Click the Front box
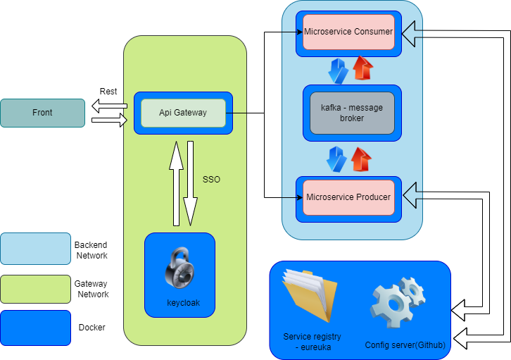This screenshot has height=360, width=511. tap(42, 113)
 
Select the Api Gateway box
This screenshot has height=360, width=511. tap(183, 113)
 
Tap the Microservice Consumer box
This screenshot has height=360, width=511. tap(348, 32)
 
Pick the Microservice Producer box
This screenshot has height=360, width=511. tap(348, 197)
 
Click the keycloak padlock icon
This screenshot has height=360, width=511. tap(179, 268)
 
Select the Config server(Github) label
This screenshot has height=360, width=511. tap(404, 345)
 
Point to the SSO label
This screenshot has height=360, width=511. tap(211, 180)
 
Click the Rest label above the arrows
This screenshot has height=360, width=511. tap(108, 92)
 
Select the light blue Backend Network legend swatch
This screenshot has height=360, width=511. tap(35, 249)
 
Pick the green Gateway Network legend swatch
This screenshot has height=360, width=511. tap(35, 289)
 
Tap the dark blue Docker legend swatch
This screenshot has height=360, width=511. tap(35, 328)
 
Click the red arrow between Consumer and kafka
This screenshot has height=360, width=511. tap(362, 70)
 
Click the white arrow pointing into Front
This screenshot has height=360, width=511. tap(105, 106)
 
